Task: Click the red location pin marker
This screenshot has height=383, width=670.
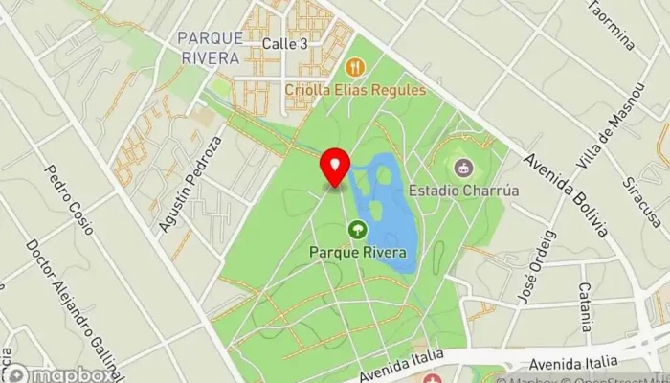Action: [x=335, y=169]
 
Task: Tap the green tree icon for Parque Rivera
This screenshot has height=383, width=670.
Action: [x=357, y=229]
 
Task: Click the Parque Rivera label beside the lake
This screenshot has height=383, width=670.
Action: [x=357, y=253]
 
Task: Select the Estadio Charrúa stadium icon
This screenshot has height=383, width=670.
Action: [x=464, y=167]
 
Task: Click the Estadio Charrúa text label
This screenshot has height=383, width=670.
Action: [x=464, y=190]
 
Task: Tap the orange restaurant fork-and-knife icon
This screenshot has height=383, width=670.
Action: [x=355, y=66]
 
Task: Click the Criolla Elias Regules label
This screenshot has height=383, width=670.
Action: [x=355, y=90]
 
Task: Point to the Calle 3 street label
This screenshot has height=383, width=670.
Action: [x=284, y=44]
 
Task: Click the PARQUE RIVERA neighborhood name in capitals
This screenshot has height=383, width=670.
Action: [x=208, y=47]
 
